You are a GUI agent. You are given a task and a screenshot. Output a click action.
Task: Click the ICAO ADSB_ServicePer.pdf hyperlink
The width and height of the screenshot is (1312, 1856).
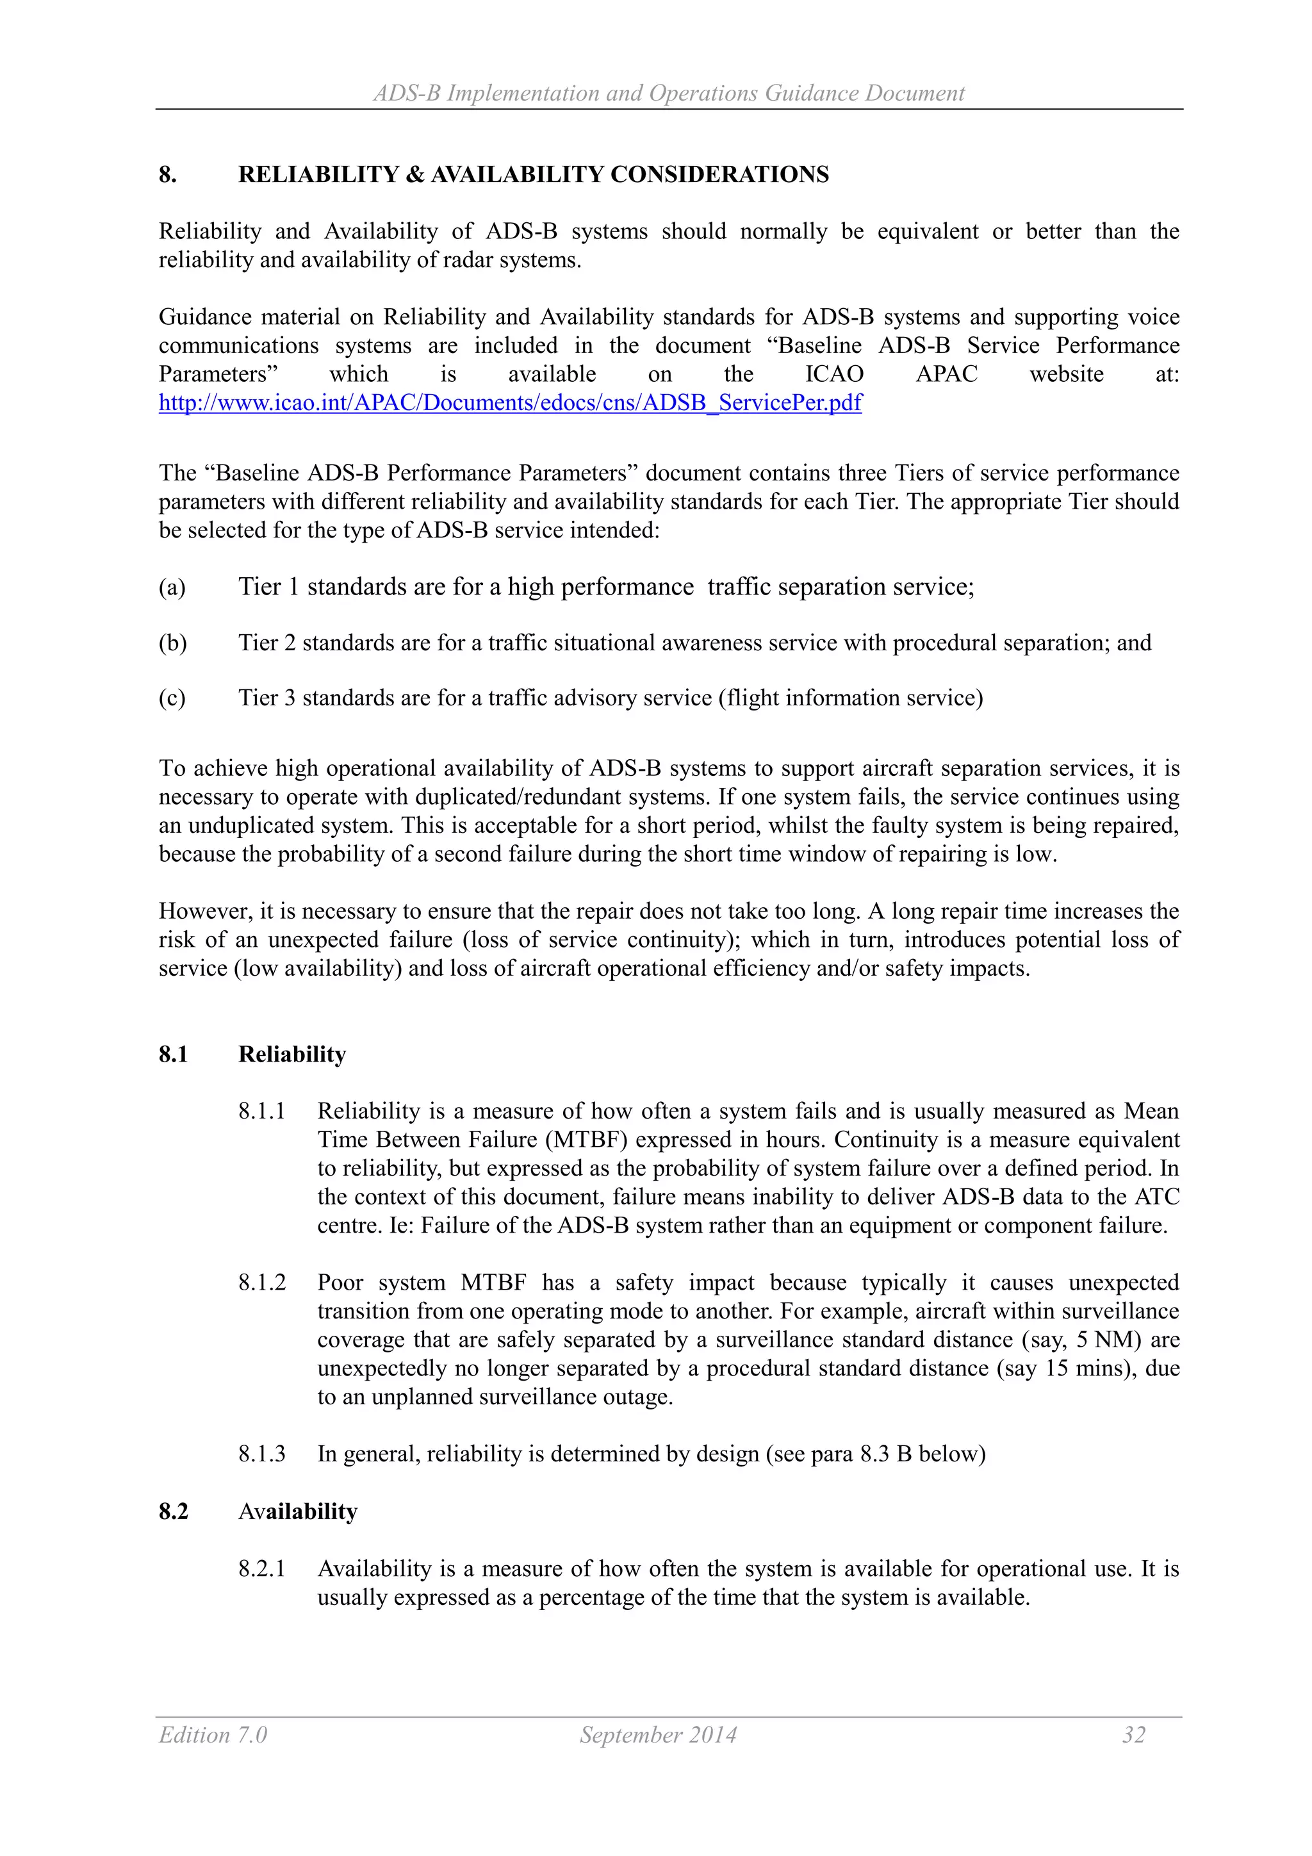pos(509,402)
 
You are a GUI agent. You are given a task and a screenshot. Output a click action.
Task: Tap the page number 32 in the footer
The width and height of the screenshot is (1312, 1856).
pos(1133,1735)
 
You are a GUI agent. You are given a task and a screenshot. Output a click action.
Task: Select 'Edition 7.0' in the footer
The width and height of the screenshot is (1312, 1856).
pos(213,1735)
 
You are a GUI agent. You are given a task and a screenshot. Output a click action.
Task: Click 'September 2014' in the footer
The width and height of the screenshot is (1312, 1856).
pos(658,1735)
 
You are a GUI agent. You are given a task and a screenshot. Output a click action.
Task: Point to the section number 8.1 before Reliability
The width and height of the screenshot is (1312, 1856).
pos(173,1054)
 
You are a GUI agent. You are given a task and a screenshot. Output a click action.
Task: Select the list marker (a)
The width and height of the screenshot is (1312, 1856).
pos(172,587)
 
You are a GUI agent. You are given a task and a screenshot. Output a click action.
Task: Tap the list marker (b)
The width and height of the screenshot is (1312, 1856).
pos(172,643)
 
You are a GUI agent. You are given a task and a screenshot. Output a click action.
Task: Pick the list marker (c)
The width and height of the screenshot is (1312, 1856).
pos(172,698)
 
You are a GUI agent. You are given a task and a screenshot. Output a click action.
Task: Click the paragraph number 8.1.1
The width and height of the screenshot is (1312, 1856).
pos(262,1111)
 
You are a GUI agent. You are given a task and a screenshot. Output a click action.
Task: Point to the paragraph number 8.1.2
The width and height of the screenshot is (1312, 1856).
pos(262,1282)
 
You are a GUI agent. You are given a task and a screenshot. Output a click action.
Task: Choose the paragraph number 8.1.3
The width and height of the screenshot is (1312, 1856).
pos(262,1454)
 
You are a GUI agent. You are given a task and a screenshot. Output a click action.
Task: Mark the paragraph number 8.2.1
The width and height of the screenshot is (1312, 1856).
pos(262,1568)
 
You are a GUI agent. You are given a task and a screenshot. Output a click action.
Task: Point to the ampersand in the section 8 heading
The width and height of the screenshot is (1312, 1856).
pos(414,175)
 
